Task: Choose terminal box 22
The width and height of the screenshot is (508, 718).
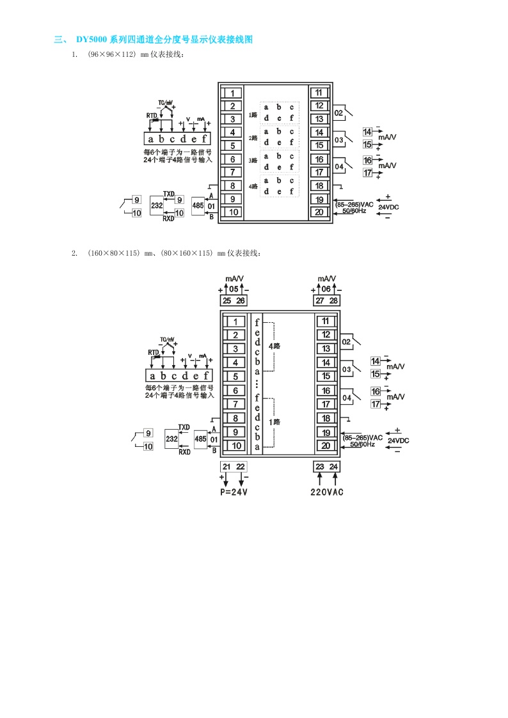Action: click(x=241, y=467)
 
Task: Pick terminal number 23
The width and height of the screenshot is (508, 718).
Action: click(x=320, y=467)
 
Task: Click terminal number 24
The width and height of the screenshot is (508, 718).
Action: click(x=333, y=467)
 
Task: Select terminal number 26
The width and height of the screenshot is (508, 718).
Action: click(x=241, y=300)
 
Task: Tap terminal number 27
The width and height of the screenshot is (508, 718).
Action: click(x=320, y=300)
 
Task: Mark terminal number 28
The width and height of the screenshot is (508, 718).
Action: click(x=333, y=300)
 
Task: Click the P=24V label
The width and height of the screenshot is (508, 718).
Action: click(x=234, y=492)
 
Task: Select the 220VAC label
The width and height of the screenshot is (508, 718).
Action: click(x=326, y=492)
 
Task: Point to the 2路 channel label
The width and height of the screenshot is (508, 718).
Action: click(x=253, y=138)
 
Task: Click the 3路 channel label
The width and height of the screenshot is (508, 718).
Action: click(x=253, y=162)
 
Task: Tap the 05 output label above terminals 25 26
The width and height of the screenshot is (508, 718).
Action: click(x=234, y=289)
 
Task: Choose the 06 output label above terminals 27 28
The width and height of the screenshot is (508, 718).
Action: click(x=326, y=289)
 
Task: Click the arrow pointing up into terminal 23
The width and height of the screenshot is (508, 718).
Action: click(x=320, y=479)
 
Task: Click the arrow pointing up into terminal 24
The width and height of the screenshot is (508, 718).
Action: click(x=334, y=479)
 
